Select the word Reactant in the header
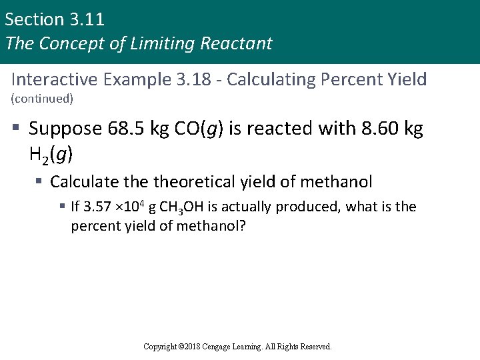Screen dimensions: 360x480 (240, 43)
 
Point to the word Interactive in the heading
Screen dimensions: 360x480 (53, 79)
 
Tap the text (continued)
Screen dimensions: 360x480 (42, 99)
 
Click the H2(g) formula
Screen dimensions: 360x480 (51, 156)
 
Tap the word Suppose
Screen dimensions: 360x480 (65, 129)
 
